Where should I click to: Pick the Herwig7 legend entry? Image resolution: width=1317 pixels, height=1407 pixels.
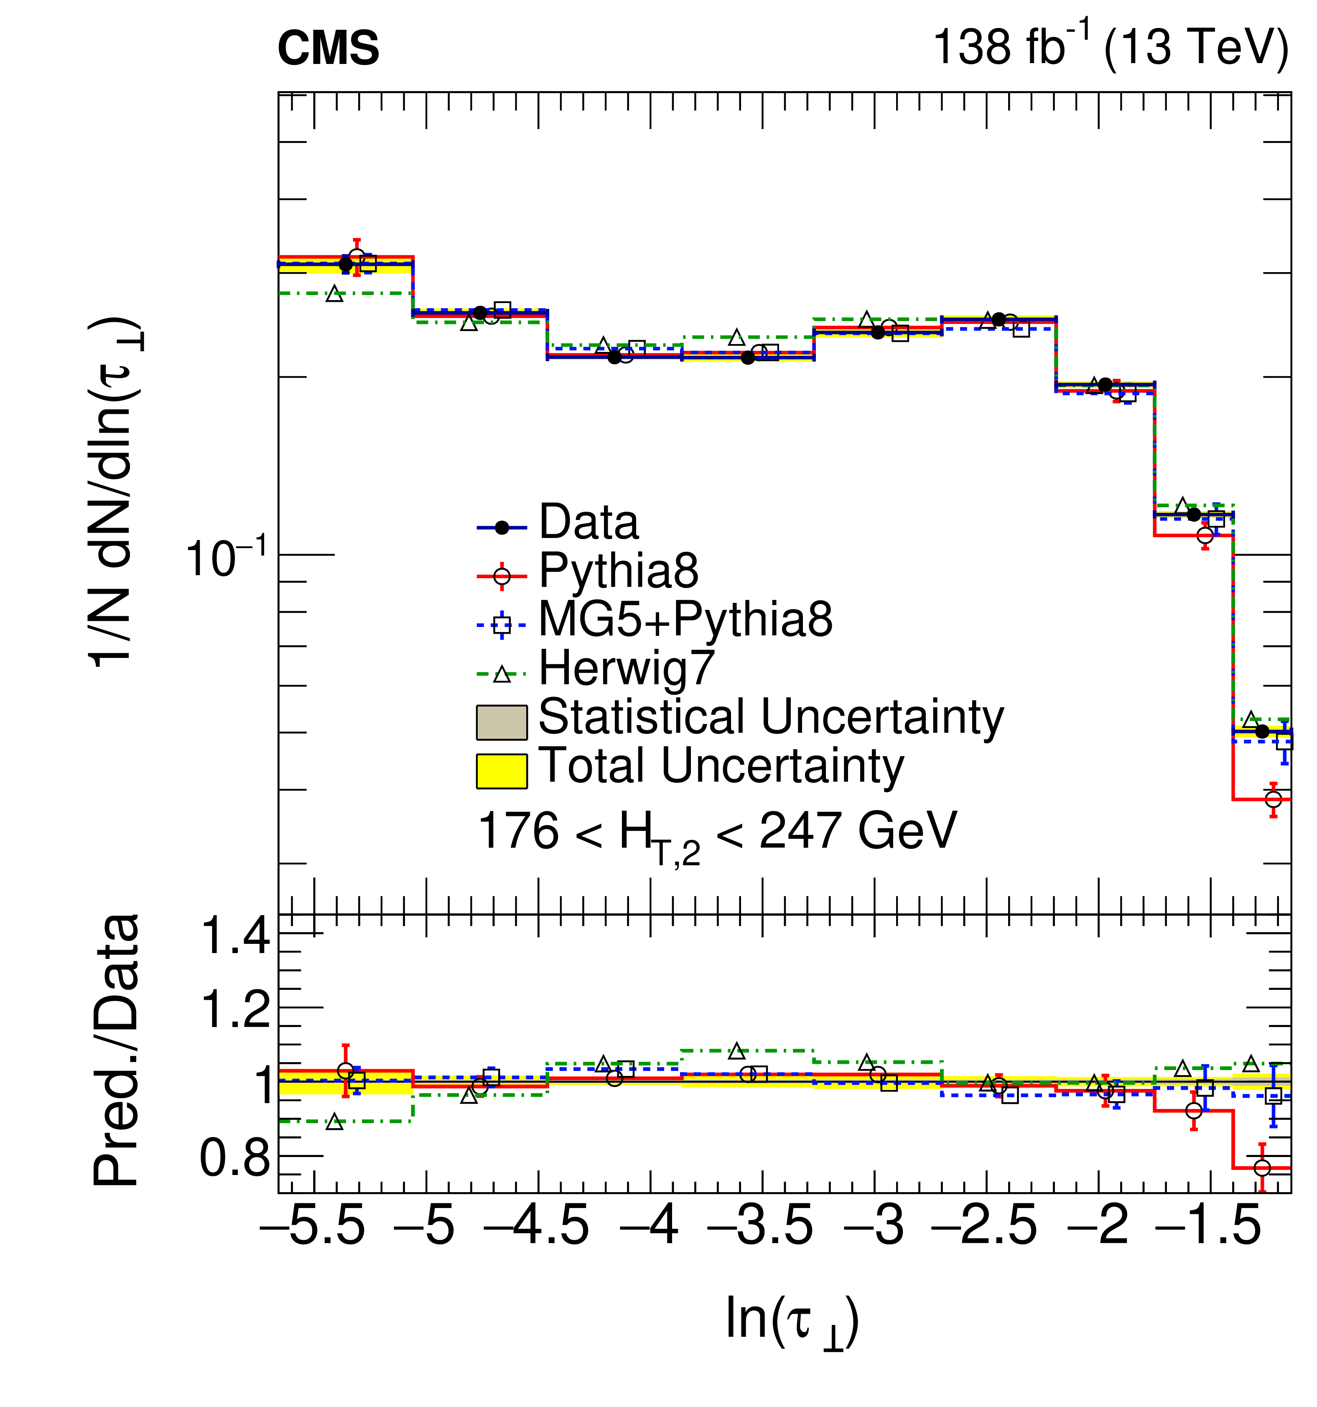coord(626,668)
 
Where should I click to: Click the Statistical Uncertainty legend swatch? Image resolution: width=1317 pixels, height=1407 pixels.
coord(501,722)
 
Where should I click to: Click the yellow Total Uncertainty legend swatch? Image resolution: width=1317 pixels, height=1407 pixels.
coord(501,771)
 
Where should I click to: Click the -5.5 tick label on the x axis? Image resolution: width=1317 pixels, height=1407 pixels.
coord(313,1226)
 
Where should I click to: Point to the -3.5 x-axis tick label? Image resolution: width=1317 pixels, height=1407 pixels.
coord(761,1226)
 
